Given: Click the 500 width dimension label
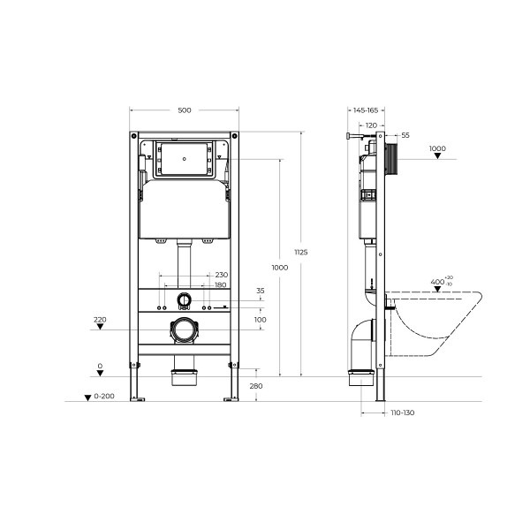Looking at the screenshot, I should pos(185,110).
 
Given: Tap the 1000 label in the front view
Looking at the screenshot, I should pos(280,267).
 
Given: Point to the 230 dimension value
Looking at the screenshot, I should pos(221,274).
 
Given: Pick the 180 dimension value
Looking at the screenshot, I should pos(221,284).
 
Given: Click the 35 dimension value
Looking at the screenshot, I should pos(260,290).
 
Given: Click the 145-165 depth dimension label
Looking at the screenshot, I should pos(365,110).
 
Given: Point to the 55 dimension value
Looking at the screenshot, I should pos(405,135).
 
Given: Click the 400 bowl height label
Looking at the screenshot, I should pos(437,282).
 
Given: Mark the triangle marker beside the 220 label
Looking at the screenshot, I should pos(101,328).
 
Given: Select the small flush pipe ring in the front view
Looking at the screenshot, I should pos(185,299).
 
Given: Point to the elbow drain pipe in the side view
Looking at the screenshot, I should pos(362,340).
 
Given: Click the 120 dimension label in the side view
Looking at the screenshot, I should pos(371,125).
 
